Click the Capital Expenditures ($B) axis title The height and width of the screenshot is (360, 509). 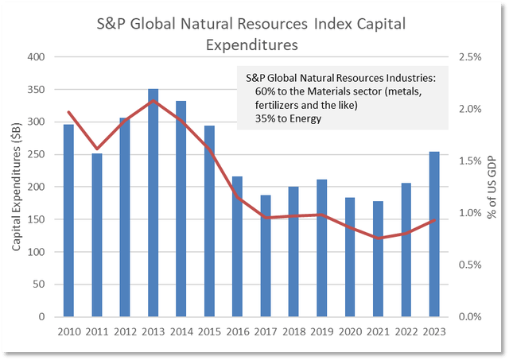[x=17, y=187]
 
